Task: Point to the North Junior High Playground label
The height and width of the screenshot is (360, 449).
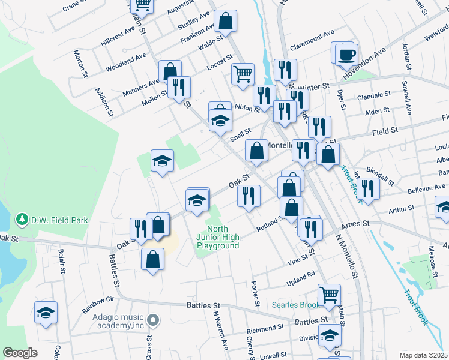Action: point(223,237)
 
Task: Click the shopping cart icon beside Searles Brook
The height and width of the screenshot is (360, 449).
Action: point(329,295)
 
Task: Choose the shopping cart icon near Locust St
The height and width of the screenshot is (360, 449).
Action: point(243,74)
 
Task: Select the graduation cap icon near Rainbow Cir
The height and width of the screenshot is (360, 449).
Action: point(46,313)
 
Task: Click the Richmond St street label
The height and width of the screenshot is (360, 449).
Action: point(265,329)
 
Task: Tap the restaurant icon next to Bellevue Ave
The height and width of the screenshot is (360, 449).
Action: point(367,188)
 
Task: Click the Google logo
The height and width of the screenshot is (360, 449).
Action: point(20,353)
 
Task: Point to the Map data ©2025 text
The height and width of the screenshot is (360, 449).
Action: point(423,355)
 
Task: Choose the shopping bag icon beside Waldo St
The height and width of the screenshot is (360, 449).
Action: point(225,22)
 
